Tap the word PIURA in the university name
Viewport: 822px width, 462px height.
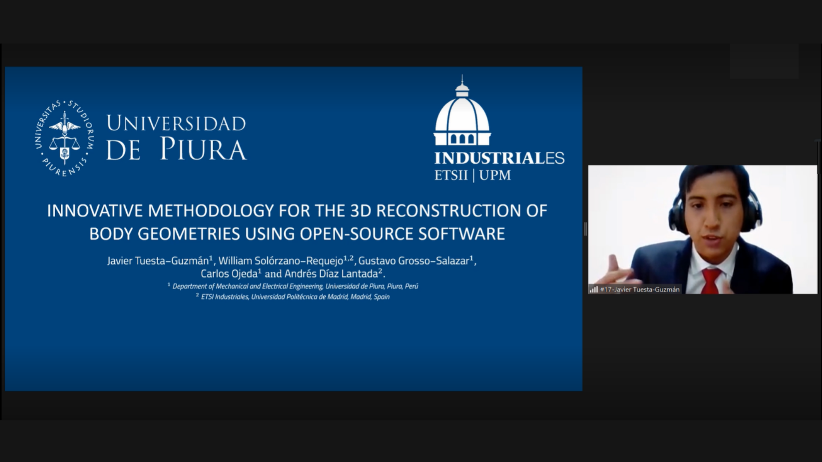tap(203, 149)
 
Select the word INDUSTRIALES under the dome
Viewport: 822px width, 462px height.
tap(499, 158)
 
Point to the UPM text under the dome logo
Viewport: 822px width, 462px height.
tap(495, 175)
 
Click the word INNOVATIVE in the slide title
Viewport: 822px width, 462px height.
tap(95, 210)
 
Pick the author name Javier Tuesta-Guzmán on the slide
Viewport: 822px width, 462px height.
tap(158, 261)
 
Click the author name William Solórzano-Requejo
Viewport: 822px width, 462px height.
tap(281, 261)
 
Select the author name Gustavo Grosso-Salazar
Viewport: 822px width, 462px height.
tap(414, 261)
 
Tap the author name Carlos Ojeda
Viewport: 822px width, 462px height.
tap(229, 274)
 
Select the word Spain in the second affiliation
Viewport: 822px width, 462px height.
tap(381, 297)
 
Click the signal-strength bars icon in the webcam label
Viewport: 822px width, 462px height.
tap(593, 289)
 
